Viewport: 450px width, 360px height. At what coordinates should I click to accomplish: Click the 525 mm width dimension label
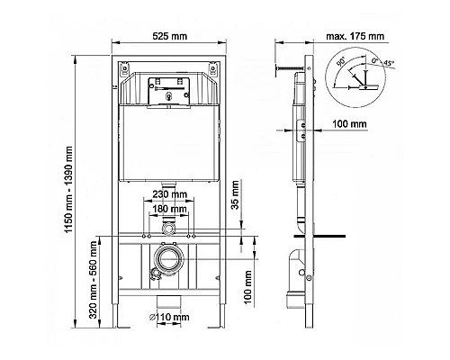click(170, 36)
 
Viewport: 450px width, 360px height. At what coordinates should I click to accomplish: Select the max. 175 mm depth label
click(355, 36)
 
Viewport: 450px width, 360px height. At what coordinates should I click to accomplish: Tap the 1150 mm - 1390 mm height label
click(69, 190)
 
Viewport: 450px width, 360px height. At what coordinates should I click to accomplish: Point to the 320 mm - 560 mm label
click(94, 280)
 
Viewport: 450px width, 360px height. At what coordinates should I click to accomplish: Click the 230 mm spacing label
click(170, 194)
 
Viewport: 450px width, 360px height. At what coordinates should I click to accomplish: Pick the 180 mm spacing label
click(170, 209)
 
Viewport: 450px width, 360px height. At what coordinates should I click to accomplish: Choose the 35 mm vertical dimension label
click(236, 195)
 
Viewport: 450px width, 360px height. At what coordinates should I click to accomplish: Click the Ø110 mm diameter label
click(169, 317)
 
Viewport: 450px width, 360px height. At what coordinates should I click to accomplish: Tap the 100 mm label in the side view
click(350, 123)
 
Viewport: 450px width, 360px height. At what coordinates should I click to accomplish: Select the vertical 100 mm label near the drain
click(247, 287)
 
